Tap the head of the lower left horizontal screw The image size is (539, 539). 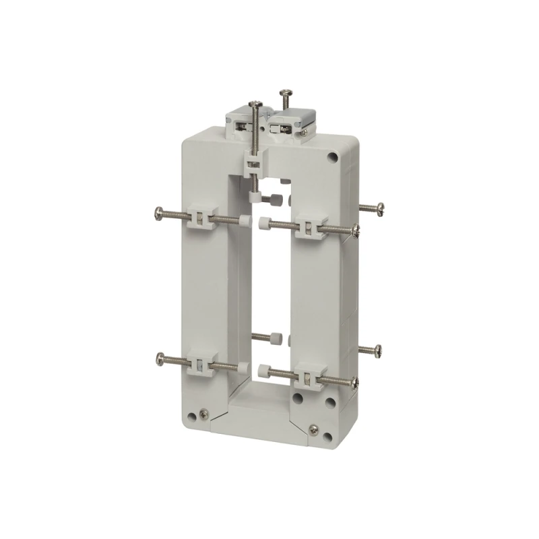point(159,355)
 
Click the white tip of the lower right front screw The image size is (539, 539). point(261,369)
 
